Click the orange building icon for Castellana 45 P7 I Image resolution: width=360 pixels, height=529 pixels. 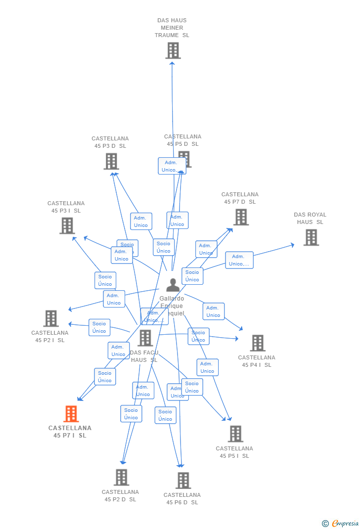click(71, 414)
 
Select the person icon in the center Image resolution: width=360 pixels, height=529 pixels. click(173, 285)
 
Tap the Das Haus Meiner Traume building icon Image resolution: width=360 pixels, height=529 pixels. click(173, 50)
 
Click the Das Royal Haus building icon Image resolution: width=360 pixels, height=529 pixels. click(311, 237)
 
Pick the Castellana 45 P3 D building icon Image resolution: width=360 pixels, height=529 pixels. click(111, 161)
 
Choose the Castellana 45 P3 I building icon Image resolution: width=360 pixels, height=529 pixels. click(67, 225)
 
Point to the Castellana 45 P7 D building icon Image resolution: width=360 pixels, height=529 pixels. click(241, 217)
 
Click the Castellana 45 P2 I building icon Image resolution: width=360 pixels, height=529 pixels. click(51, 318)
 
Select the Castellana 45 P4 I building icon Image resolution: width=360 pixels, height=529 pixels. click(257, 343)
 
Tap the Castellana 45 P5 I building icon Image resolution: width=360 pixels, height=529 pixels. click(235, 434)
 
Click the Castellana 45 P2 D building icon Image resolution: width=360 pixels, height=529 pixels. click(122, 477)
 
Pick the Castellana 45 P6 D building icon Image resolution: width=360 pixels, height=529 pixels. click(183, 480)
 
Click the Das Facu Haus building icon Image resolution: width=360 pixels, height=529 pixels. click(145, 338)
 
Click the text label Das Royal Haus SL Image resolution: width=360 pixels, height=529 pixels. click(310, 219)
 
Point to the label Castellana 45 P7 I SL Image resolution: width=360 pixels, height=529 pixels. click(70, 432)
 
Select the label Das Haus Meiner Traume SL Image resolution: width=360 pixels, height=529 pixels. click(172, 28)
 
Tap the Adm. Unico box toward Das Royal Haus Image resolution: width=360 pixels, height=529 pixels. click(239, 260)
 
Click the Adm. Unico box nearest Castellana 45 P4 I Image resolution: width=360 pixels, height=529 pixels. click(213, 311)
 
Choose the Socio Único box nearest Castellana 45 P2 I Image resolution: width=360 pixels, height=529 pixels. click(99, 327)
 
